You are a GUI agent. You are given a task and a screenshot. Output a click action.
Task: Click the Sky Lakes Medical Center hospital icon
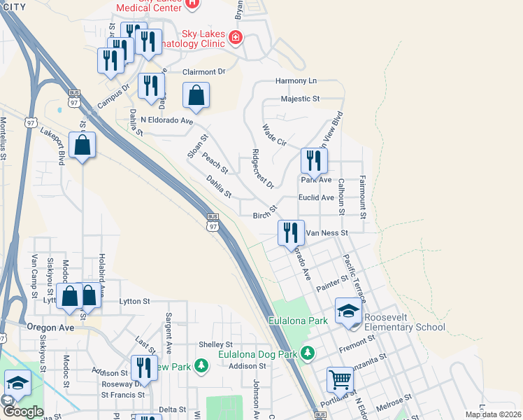pos(194,3)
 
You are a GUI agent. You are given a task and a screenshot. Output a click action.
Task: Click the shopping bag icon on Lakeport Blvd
pos(83,145)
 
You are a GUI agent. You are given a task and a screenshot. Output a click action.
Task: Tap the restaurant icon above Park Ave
pos(314,160)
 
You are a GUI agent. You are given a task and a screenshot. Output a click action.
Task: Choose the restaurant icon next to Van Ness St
pos(290,232)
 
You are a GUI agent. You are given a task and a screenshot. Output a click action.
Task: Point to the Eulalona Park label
pos(299,321)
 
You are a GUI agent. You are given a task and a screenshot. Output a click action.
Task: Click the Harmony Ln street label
pos(296,80)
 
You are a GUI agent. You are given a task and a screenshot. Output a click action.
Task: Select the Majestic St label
pos(299,99)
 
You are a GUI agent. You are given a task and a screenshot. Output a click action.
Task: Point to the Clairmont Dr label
pos(204,71)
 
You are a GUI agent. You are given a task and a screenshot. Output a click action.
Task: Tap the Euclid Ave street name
pos(316,198)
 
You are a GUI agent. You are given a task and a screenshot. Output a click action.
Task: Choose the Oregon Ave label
pos(50,327)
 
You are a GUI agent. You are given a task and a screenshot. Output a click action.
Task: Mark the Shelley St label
pos(215,344)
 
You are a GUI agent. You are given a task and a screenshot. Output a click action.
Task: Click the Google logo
pos(23,412)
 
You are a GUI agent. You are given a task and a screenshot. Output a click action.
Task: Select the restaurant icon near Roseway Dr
pos(144,367)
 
